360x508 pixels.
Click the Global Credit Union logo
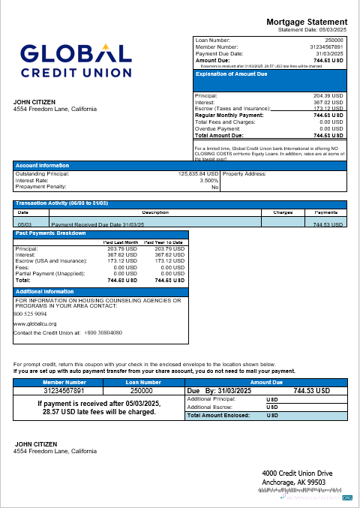pos(76,59)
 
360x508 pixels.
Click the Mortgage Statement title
pos(307,22)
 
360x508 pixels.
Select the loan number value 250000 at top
pos(333,39)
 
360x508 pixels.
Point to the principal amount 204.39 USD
pos(327,96)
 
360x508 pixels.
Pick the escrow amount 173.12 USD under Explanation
pos(327,109)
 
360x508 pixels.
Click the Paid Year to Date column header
pos(164,242)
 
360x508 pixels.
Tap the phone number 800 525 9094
pos(31,314)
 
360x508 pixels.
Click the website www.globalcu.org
pos(36,323)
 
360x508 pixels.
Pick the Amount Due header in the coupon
pos(266,382)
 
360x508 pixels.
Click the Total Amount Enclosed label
pos(219,414)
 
